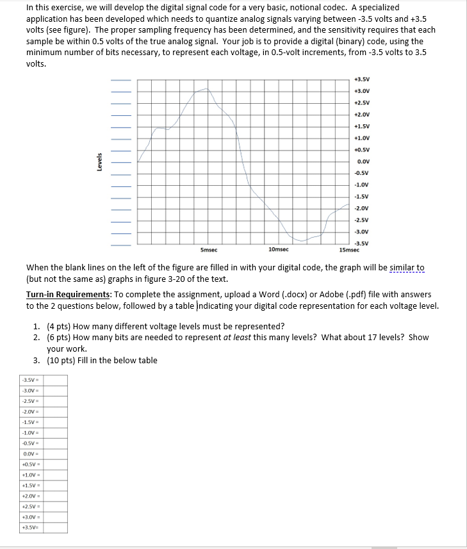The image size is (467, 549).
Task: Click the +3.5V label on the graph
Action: (x=362, y=79)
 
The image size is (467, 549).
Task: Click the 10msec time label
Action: (x=279, y=249)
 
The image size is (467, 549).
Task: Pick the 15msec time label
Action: (x=350, y=250)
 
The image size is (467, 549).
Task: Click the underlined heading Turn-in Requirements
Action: (x=70, y=295)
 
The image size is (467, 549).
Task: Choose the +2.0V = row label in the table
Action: (x=31, y=495)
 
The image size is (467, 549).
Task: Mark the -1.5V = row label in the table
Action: (x=31, y=422)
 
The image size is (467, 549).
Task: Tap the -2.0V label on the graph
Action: (x=362, y=208)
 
